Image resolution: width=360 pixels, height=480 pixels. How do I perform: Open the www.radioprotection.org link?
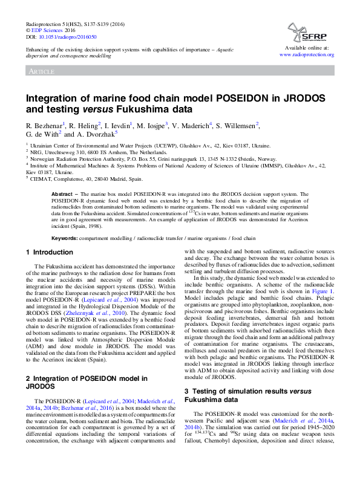(x=307, y=54)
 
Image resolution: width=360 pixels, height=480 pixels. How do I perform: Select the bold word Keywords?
(x=67, y=238)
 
